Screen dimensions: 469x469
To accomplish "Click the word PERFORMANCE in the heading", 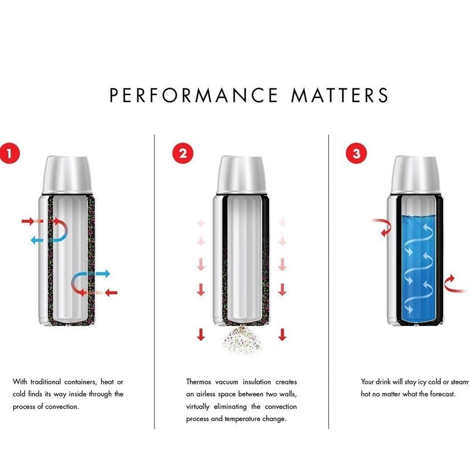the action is click(194, 95).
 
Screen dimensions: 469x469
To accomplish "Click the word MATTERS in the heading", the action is click(339, 95).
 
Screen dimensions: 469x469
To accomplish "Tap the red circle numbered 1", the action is click(9, 154).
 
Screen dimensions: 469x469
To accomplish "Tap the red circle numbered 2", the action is click(183, 154).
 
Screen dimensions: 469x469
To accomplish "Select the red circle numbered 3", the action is click(356, 154).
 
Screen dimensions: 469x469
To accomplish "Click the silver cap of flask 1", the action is click(67, 175).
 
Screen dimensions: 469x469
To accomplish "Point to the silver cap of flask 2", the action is click(241, 175).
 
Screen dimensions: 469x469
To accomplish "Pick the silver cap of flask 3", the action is click(415, 175).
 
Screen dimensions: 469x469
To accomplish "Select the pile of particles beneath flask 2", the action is click(242, 341).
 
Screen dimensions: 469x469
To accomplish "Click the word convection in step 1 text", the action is click(62, 406).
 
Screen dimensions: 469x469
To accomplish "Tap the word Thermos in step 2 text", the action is click(199, 382).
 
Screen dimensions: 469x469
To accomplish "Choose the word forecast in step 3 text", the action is click(443, 394).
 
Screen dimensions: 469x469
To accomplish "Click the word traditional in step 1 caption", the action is click(46, 382).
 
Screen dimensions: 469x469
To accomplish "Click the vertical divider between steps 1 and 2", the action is click(154, 281).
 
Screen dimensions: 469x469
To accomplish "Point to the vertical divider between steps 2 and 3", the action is click(328, 281).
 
